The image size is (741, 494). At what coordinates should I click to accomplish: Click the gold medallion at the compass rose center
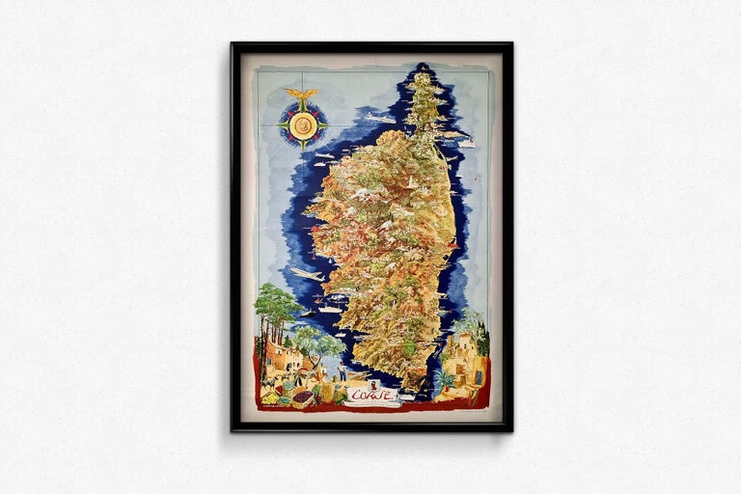pyautogui.click(x=303, y=123)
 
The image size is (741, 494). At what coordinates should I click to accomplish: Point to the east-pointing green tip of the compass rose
pyautogui.click(x=326, y=123)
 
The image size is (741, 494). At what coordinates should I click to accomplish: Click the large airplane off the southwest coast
pyautogui.click(x=307, y=274)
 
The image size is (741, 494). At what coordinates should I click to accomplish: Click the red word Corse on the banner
pyautogui.click(x=368, y=393)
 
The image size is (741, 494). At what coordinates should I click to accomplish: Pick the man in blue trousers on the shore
pyautogui.click(x=341, y=372)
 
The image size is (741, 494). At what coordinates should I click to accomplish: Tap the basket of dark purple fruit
pyautogui.click(x=302, y=397)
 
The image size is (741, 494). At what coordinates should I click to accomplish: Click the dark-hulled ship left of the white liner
pyautogui.click(x=308, y=313)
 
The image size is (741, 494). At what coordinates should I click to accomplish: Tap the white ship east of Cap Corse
pyautogui.click(x=466, y=143)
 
